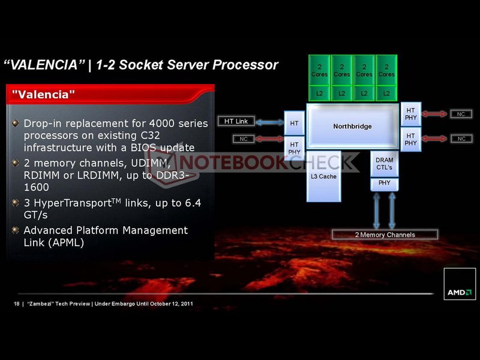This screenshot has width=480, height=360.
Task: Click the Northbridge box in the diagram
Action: pyautogui.click(x=352, y=127)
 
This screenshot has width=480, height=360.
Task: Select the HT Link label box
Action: pyautogui.click(x=236, y=121)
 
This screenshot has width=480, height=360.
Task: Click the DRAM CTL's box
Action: pyautogui.click(x=384, y=164)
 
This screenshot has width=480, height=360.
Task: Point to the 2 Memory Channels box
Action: pyautogui.click(x=385, y=235)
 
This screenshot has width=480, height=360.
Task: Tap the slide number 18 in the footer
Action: pyautogui.click(x=16, y=304)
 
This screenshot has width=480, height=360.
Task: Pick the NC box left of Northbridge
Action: pyautogui.click(x=243, y=139)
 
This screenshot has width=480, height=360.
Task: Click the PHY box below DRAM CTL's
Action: pyautogui.click(x=384, y=183)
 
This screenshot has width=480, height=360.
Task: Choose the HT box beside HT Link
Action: pyautogui.click(x=294, y=123)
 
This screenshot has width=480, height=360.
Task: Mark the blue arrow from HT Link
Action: pyautogui.click(x=269, y=122)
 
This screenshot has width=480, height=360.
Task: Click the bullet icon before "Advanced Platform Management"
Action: pyautogui.click(x=16, y=230)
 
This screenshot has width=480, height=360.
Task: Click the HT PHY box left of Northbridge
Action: pyautogui.click(x=294, y=148)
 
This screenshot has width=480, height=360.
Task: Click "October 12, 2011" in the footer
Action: pyautogui.click(x=169, y=304)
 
